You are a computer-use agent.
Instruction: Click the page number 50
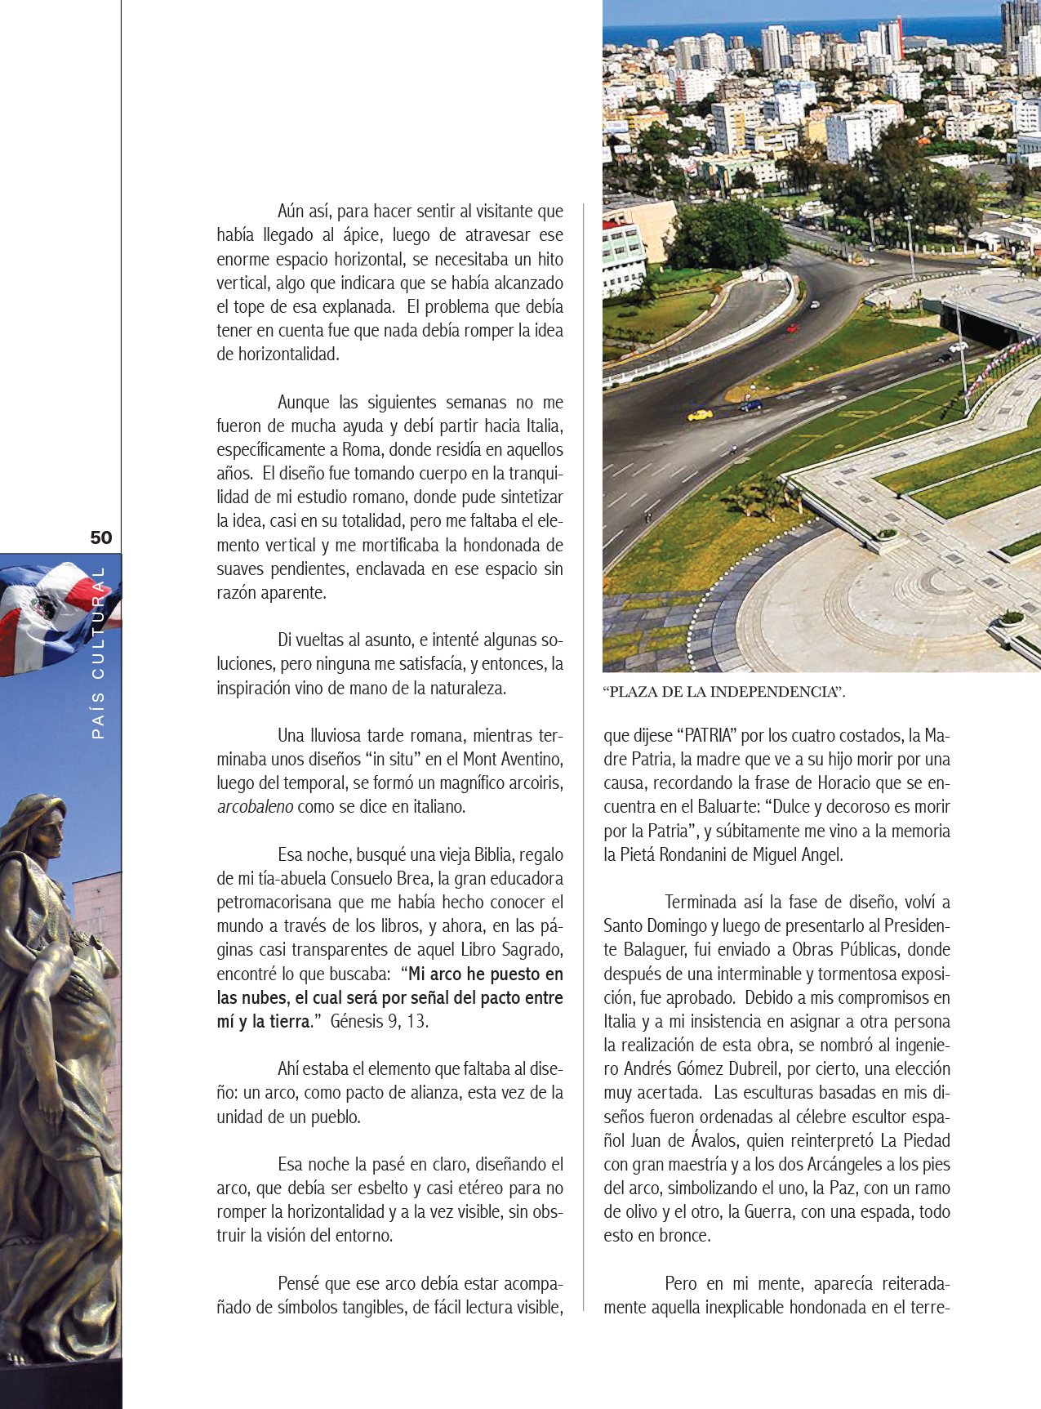101,537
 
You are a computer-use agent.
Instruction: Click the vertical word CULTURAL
99,622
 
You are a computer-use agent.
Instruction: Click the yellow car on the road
700,415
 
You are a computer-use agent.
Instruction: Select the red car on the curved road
791,328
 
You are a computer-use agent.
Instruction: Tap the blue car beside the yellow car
750,404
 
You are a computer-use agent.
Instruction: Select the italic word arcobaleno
255,807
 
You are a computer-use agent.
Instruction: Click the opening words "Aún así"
303,212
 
